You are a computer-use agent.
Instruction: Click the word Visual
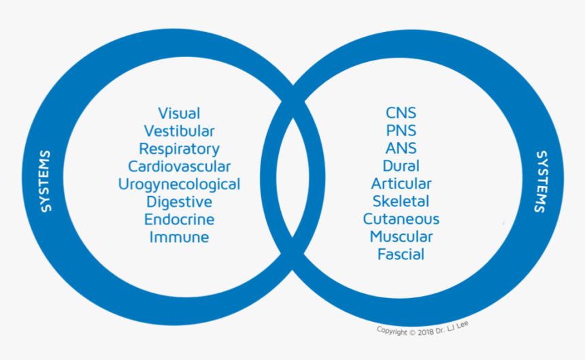click(x=179, y=113)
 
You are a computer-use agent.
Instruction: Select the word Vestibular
click(x=179, y=131)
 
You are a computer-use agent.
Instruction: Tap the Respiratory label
click(x=179, y=149)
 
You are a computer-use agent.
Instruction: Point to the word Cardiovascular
click(x=179, y=166)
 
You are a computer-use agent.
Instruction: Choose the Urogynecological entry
click(x=179, y=184)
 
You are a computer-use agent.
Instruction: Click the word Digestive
click(x=179, y=202)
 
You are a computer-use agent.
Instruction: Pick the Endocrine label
click(x=179, y=220)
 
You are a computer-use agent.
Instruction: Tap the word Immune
click(x=179, y=238)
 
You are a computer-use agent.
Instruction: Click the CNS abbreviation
click(x=401, y=113)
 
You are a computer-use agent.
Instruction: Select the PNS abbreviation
click(x=401, y=131)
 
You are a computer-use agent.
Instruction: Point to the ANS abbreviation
click(x=401, y=148)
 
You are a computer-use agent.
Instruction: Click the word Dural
click(x=401, y=166)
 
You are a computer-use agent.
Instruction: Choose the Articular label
click(x=401, y=184)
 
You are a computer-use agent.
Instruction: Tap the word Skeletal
click(x=401, y=201)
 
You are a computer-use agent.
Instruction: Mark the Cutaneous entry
click(x=401, y=219)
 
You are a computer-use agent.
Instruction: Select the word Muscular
click(x=401, y=237)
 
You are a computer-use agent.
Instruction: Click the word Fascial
click(x=401, y=255)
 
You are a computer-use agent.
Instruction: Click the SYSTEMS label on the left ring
click(x=46, y=180)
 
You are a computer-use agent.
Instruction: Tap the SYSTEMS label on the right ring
click(x=540, y=181)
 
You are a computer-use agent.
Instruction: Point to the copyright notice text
click(x=422, y=329)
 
